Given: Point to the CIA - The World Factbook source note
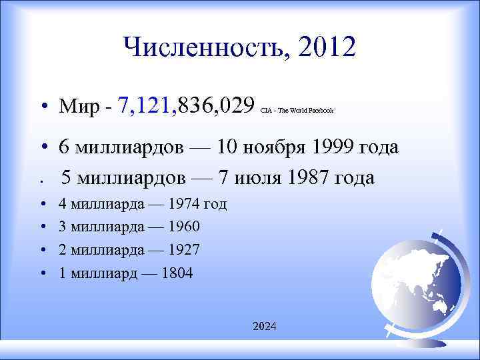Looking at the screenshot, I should [297, 109].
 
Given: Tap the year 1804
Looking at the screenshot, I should [177, 272].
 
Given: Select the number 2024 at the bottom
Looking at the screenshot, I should [265, 326].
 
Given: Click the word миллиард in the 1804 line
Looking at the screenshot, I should [103, 272].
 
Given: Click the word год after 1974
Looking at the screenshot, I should [215, 204].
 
